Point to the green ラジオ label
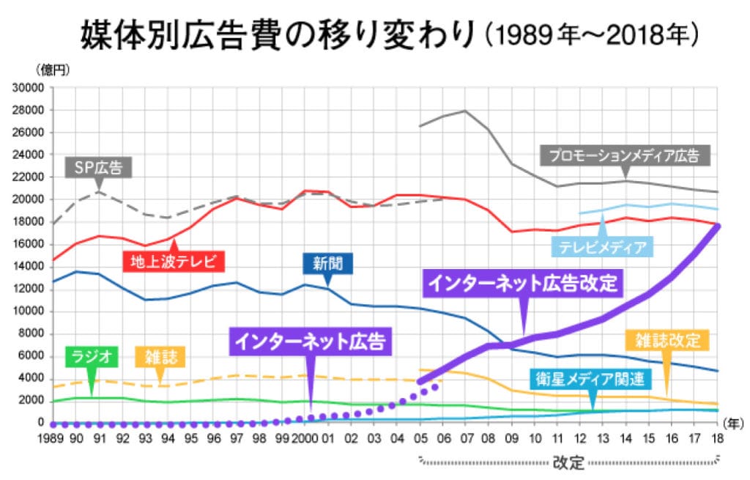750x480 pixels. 92,357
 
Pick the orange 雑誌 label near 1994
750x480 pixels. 160,357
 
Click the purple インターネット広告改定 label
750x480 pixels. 522,284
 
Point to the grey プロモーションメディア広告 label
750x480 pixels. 626,155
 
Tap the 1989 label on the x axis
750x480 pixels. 51,439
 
